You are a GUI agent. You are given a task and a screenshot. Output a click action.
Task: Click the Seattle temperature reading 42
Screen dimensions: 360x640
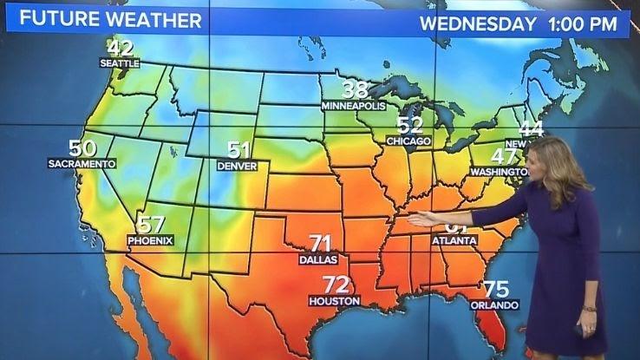pyautogui.click(x=121, y=48)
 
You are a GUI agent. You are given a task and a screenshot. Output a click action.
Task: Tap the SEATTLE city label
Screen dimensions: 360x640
pyautogui.click(x=120, y=63)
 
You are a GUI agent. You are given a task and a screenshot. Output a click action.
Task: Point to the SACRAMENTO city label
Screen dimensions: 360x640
pyautogui.click(x=82, y=163)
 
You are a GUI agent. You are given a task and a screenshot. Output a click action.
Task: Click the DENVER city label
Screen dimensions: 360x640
pyautogui.click(x=237, y=165)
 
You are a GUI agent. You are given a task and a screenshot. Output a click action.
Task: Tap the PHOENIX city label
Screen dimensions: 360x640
pyautogui.click(x=150, y=239)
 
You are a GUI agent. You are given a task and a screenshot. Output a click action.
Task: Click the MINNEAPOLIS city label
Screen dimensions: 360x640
pyautogui.click(x=353, y=105)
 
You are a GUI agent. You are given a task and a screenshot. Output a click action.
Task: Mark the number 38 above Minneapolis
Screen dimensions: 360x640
pyautogui.click(x=355, y=89)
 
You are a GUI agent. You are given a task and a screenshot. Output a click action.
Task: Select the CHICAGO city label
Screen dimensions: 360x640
pyautogui.click(x=408, y=141)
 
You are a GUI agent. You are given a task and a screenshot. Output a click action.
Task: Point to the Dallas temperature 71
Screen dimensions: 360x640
pyautogui.click(x=321, y=243)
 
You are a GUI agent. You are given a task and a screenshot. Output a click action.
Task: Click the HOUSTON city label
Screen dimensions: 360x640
pyautogui.click(x=334, y=300)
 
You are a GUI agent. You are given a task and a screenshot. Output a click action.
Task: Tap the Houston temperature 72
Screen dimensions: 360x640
pyautogui.click(x=336, y=285)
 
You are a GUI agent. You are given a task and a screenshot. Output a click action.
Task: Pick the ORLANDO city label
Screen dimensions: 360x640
pyautogui.click(x=494, y=305)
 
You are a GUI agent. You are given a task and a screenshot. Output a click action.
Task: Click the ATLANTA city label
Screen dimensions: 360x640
pyautogui.click(x=454, y=239)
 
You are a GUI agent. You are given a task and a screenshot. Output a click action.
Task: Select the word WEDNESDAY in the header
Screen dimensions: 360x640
pyautogui.click(x=478, y=23)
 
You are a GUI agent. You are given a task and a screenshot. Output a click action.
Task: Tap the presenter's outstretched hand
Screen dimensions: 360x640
pyautogui.click(x=424, y=219)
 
